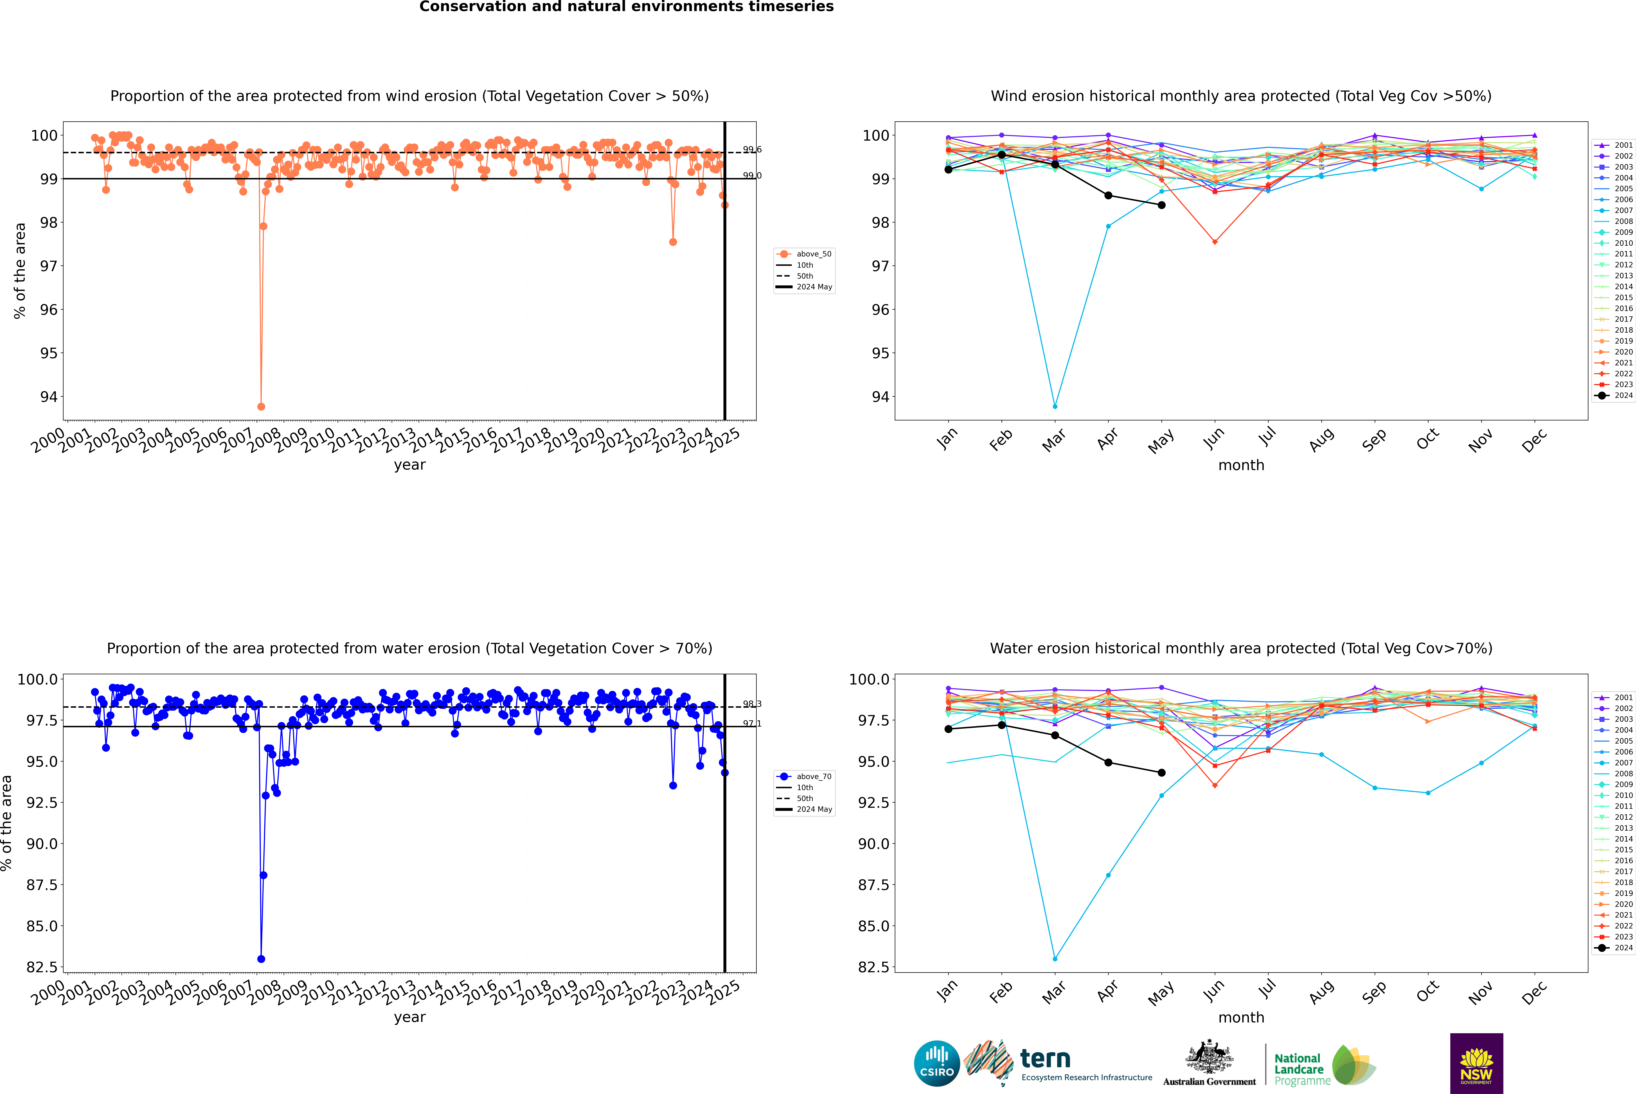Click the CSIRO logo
point(937,1063)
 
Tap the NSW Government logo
point(1476,1063)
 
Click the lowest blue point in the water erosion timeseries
point(261,959)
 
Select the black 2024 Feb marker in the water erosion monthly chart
point(1001,725)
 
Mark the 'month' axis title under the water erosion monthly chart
point(1241,1017)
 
